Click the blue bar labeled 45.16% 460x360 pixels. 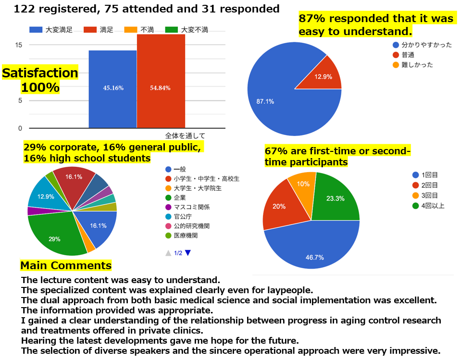click(x=112, y=88)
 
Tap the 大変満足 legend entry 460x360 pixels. click(x=51, y=30)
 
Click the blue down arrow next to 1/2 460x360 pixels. click(x=188, y=253)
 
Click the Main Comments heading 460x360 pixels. click(x=66, y=265)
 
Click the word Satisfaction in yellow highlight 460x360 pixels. click(x=40, y=73)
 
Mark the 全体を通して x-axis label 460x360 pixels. click(x=185, y=135)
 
